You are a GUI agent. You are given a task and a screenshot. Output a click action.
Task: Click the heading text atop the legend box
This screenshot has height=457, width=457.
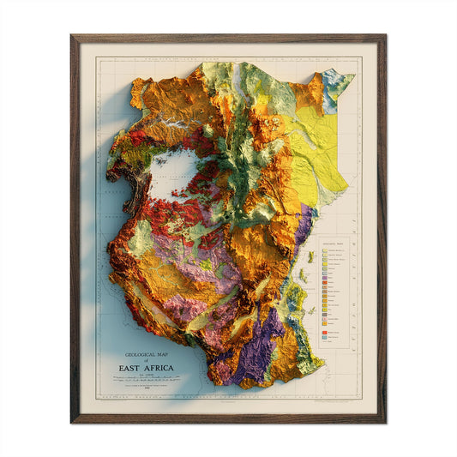(x=334, y=244)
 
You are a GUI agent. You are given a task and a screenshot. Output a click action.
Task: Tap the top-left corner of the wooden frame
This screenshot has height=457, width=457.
(x=73, y=37)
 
